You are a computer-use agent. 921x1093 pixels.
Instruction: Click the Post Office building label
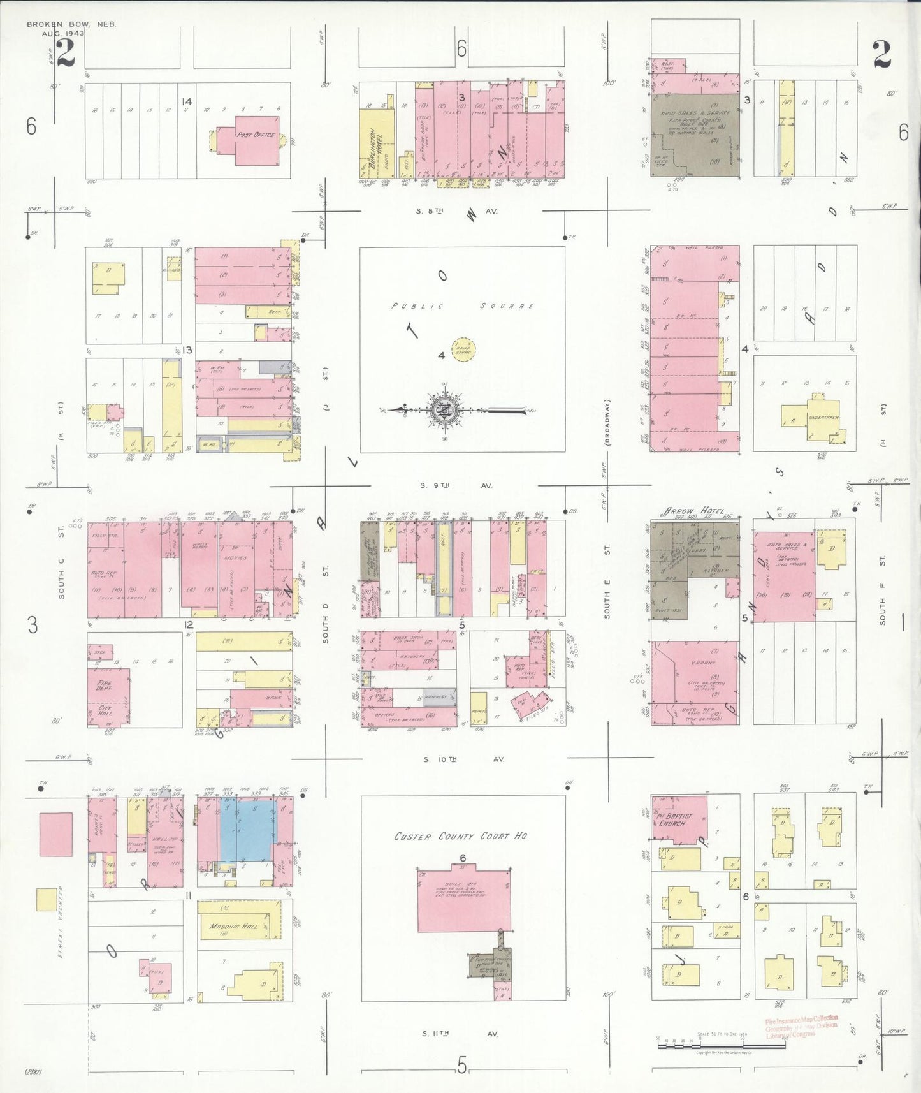click(255, 135)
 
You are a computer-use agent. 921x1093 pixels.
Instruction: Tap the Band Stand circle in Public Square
click(463, 349)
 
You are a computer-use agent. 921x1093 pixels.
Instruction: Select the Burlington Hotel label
click(372, 148)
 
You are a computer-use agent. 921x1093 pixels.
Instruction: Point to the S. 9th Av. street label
click(456, 486)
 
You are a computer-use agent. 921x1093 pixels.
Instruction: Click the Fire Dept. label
click(105, 686)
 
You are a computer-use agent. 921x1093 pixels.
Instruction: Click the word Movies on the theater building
click(235, 558)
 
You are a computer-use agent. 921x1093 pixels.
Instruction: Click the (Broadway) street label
click(608, 421)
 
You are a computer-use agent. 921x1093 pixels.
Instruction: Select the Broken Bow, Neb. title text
click(72, 24)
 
